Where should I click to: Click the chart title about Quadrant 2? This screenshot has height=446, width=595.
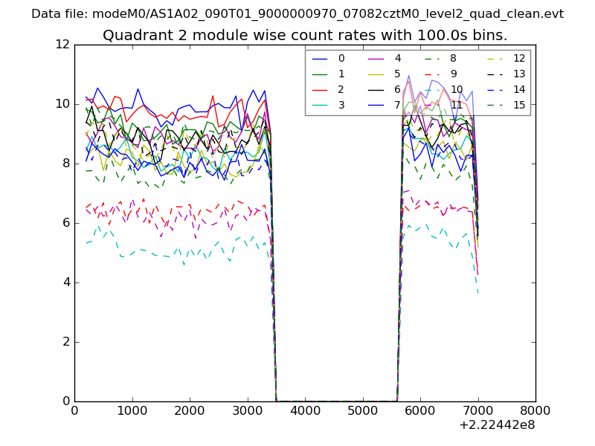pos(305,35)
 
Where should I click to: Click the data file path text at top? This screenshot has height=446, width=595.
pos(297,13)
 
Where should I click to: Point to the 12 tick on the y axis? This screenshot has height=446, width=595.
pos(64,45)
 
